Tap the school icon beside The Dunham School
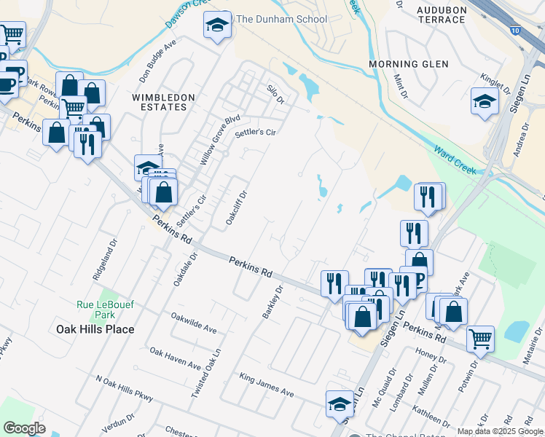216,26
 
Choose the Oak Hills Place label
95,329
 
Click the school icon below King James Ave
340,404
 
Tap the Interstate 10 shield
516,30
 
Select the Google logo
25,428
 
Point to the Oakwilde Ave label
194,323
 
